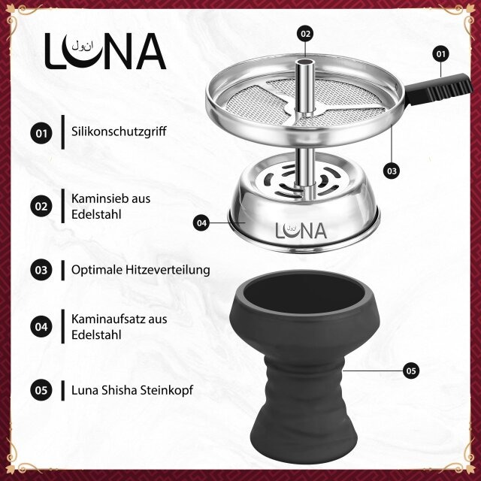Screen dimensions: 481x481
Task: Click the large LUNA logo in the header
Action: pyautogui.click(x=105, y=50)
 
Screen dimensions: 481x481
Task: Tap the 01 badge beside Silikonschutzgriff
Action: pyautogui.click(x=41, y=134)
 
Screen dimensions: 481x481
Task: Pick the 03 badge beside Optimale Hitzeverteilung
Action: pyautogui.click(x=41, y=268)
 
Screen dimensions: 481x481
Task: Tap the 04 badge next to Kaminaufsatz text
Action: pyautogui.click(x=41, y=327)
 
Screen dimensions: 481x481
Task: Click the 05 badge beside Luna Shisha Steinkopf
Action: pyautogui.click(x=41, y=390)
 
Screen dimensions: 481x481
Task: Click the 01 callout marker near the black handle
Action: pyautogui.click(x=440, y=54)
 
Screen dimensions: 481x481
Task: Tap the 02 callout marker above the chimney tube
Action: pyautogui.click(x=304, y=34)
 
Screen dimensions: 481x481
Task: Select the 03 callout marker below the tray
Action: pyautogui.click(x=391, y=171)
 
